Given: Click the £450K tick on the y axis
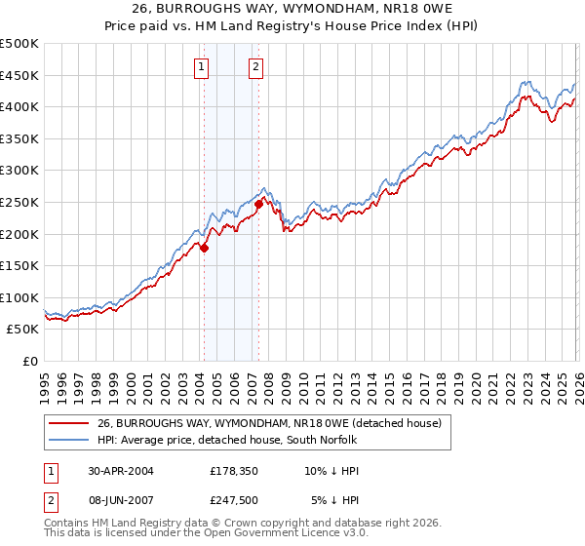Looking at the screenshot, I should click(x=19, y=75).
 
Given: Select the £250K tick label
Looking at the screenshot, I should click(x=19, y=202).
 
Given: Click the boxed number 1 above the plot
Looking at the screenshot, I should click(x=201, y=67).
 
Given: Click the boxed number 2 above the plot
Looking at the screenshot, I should click(x=255, y=67).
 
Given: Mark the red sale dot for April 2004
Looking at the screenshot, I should click(x=204, y=248).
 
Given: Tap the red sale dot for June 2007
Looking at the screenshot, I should click(x=258, y=204).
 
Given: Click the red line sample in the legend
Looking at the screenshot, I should click(x=69, y=423).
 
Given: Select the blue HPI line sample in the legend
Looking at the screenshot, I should click(x=69, y=439).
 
